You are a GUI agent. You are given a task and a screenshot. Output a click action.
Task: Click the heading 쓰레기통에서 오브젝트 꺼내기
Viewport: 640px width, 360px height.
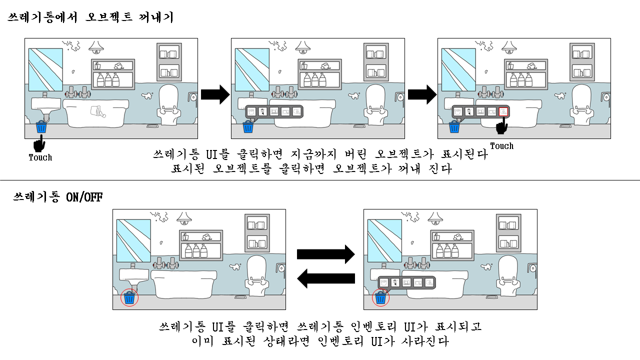pyautogui.click(x=90, y=18)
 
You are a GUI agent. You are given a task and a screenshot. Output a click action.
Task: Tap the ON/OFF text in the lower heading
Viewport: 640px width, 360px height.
pyautogui.click(x=84, y=196)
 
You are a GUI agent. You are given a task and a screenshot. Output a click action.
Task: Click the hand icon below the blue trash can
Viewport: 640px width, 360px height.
pyautogui.click(x=38, y=145)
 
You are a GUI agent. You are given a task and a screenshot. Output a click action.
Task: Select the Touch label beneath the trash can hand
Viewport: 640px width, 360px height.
pyautogui.click(x=40, y=157)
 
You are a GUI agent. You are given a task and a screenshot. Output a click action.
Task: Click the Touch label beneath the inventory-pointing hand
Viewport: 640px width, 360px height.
pyautogui.click(x=501, y=146)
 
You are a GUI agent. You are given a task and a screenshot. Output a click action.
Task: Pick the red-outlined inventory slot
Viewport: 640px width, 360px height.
pyautogui.click(x=503, y=111)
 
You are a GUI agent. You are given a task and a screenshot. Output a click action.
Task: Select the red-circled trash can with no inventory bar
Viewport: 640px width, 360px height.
pyautogui.click(x=130, y=298)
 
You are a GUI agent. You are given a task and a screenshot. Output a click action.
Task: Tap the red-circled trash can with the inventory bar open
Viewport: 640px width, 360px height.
pyautogui.click(x=381, y=298)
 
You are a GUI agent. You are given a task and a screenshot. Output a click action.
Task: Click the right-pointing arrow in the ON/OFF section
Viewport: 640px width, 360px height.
pyautogui.click(x=325, y=254)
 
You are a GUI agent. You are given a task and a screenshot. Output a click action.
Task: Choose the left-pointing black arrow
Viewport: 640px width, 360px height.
pyautogui.click(x=325, y=278)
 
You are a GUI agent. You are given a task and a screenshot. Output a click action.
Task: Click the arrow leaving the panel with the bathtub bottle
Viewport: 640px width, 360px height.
pyautogui.click(x=214, y=94)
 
